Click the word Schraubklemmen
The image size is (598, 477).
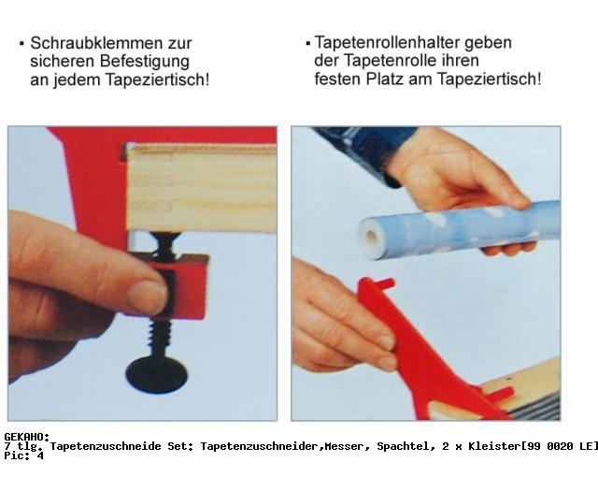point(97,43)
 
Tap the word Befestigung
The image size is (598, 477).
point(145,62)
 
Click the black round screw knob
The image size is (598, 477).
point(157,373)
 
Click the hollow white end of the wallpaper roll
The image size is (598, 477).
point(370,238)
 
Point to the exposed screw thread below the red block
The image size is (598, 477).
point(161,337)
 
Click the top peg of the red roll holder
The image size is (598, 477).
point(384,284)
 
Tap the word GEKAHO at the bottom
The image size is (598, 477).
point(27,437)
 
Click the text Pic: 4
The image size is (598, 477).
point(24,455)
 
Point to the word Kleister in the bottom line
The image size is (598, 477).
point(494,446)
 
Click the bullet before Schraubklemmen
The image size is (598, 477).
point(21,44)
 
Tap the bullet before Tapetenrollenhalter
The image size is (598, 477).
point(307,44)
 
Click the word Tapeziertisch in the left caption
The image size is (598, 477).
point(157,80)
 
